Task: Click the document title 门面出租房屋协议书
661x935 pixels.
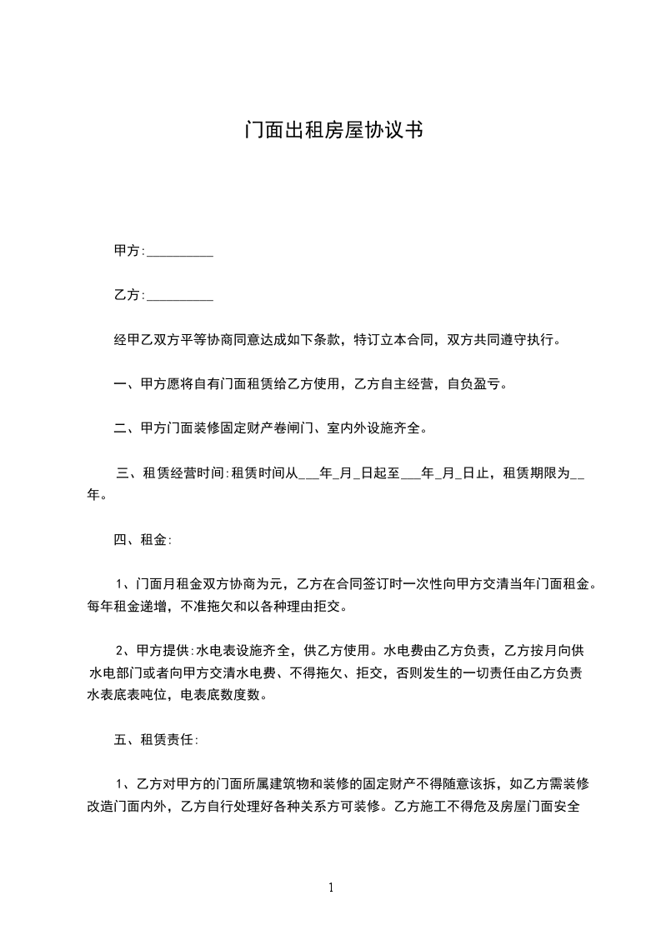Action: tap(330, 131)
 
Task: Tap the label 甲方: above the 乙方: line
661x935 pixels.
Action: tap(129, 252)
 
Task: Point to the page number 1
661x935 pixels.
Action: tap(331, 887)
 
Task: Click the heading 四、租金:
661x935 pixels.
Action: tap(143, 539)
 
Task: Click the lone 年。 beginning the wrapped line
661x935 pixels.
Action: tap(97, 495)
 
